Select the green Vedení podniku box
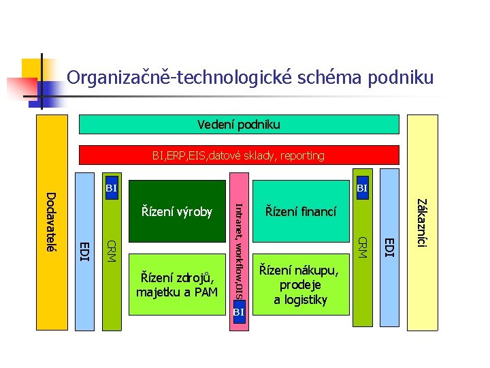[x=239, y=125]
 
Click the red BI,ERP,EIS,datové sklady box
[x=239, y=155]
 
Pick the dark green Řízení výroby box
[x=177, y=211]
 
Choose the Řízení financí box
[x=301, y=212]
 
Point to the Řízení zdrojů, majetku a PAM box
[x=177, y=285]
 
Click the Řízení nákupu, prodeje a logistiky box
[x=301, y=285]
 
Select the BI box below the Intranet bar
[x=238, y=312]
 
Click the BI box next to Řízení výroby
[x=112, y=187]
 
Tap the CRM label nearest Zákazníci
[x=363, y=247]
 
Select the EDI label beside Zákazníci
[x=388, y=247]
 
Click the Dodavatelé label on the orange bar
[x=50, y=221]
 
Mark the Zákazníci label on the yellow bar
[x=422, y=222]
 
